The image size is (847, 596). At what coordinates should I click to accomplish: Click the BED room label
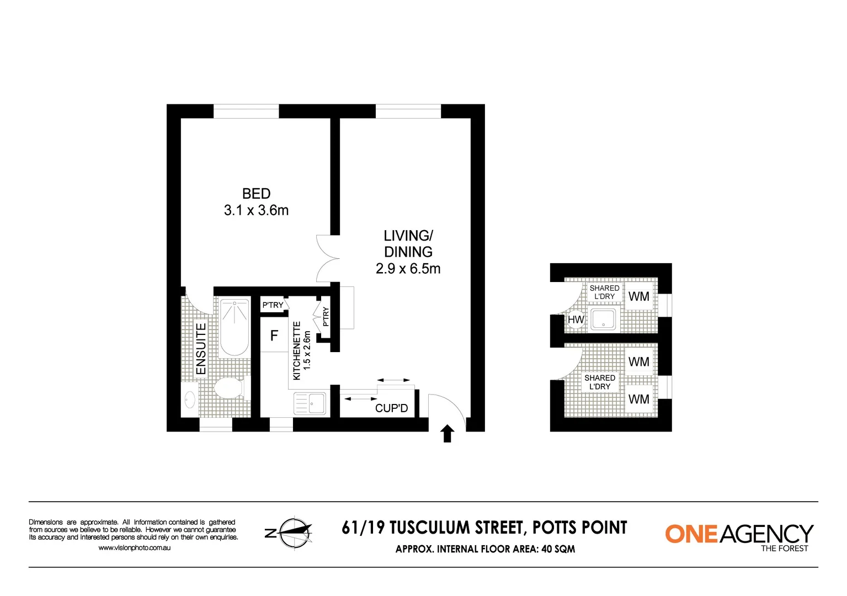click(x=256, y=194)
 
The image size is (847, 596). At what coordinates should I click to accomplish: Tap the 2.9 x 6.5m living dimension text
click(x=408, y=269)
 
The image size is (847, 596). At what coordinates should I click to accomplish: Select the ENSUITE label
click(x=201, y=349)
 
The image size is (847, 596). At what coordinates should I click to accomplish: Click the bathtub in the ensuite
click(x=235, y=327)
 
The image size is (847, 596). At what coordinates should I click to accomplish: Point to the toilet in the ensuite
click(x=229, y=387)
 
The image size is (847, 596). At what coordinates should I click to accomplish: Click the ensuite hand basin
click(x=190, y=399)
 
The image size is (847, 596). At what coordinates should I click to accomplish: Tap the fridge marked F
click(x=274, y=336)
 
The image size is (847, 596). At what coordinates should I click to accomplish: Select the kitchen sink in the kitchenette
click(x=310, y=403)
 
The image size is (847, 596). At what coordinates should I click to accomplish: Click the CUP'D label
click(x=391, y=408)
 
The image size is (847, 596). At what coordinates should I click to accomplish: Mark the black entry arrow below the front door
click(x=448, y=434)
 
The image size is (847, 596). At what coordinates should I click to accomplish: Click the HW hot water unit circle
click(x=576, y=320)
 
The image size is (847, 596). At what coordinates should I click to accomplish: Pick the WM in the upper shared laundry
click(x=638, y=297)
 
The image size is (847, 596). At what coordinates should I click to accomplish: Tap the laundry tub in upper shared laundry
click(x=603, y=319)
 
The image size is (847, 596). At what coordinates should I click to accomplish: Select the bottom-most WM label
click(x=638, y=399)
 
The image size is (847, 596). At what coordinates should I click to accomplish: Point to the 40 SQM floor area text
click(x=558, y=549)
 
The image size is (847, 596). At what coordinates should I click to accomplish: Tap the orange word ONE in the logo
click(x=691, y=534)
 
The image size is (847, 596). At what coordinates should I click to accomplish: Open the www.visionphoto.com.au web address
click(x=134, y=548)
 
